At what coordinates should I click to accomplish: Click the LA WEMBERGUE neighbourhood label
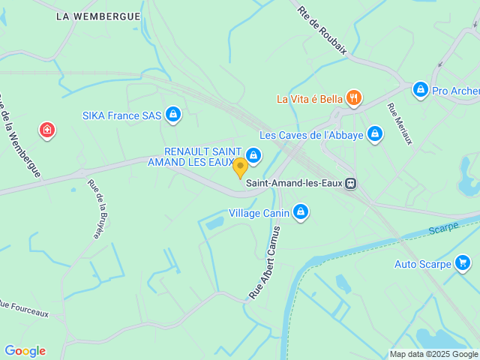tap(97, 16)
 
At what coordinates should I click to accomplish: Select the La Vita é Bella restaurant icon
tap(355, 98)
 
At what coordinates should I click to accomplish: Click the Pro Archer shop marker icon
tap(420, 91)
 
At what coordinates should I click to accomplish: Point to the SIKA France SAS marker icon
tap(173, 115)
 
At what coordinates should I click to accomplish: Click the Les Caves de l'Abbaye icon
tap(375, 135)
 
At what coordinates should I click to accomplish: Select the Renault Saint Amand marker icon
tap(253, 155)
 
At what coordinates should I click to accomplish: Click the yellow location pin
tap(240, 166)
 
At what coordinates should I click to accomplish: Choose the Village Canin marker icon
tap(301, 213)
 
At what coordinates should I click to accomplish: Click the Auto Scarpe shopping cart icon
tap(463, 263)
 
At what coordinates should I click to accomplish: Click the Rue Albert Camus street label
tap(265, 262)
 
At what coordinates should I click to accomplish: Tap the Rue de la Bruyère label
tap(95, 209)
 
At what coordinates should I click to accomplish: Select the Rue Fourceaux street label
tap(24, 308)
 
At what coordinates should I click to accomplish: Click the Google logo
tap(25, 351)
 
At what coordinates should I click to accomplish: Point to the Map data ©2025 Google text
tap(433, 354)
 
